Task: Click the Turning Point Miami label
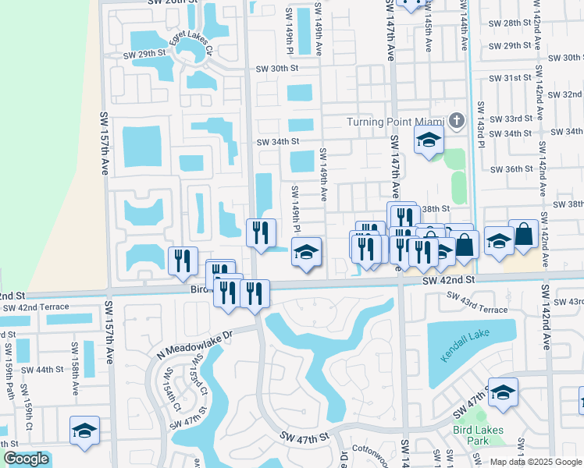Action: [x=396, y=122]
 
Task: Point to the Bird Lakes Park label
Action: [x=478, y=434]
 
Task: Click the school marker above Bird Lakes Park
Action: [x=503, y=392]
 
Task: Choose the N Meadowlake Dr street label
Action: [x=195, y=341]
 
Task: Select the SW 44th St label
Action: [x=42, y=370]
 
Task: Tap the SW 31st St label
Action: [x=511, y=78]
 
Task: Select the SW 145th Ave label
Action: [x=428, y=31]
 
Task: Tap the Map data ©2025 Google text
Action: [x=536, y=462]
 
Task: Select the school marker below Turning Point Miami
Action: [x=428, y=141]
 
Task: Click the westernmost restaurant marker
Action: [x=183, y=261]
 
